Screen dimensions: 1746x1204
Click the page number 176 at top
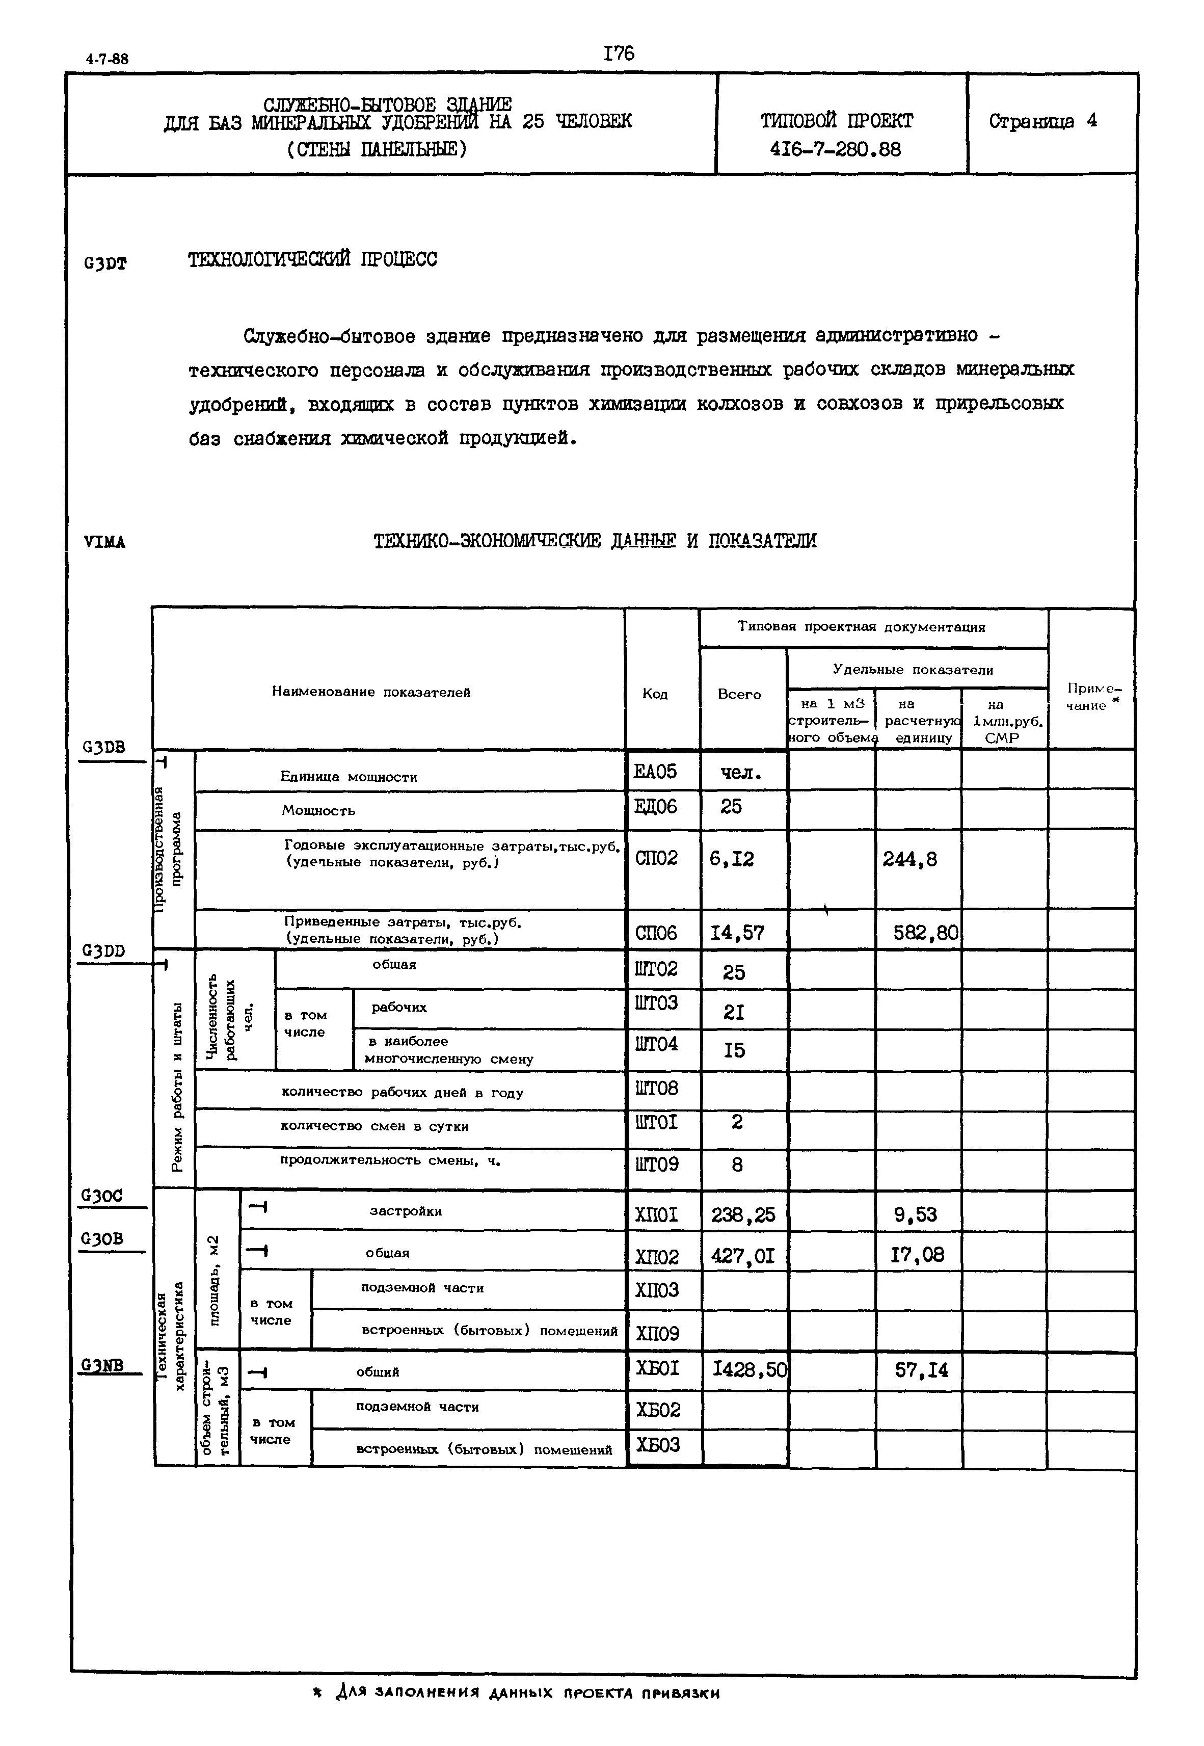click(x=619, y=54)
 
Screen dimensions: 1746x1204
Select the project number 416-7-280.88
click(x=835, y=149)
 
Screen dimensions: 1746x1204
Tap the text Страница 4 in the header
click(x=1042, y=121)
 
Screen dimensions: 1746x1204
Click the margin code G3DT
click(x=105, y=263)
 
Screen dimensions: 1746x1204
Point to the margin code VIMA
click(x=105, y=543)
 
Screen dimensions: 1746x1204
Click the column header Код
click(x=654, y=694)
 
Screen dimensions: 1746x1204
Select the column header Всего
click(x=738, y=694)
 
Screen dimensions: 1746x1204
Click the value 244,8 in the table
click(x=910, y=859)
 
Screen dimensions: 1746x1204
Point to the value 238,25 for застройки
click(x=742, y=1215)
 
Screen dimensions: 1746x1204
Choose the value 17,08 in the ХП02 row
click(x=917, y=1255)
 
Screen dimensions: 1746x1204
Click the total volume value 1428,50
click(x=749, y=1369)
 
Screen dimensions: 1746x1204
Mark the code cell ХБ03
click(x=658, y=1445)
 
